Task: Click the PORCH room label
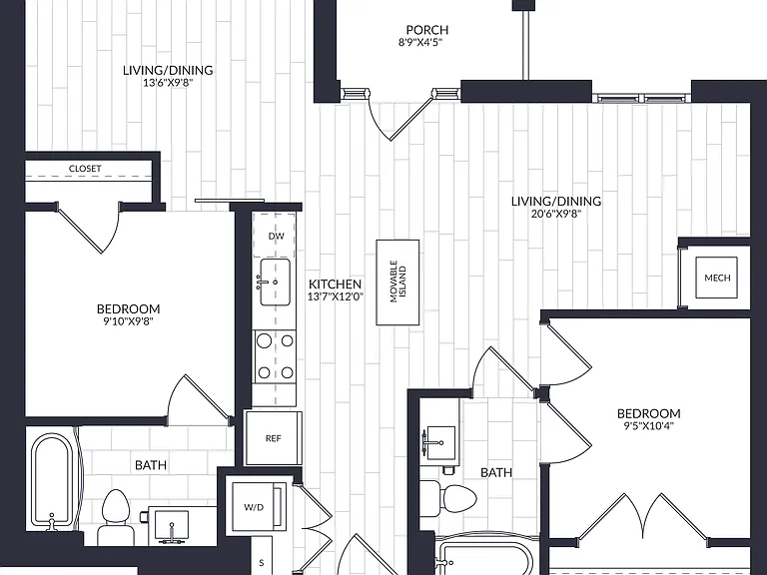click(x=427, y=30)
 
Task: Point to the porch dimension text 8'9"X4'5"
click(x=420, y=42)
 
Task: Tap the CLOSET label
click(x=85, y=168)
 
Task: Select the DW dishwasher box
click(x=274, y=236)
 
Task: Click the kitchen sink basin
click(x=275, y=283)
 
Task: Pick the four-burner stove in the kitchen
click(x=275, y=356)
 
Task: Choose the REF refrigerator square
click(x=273, y=438)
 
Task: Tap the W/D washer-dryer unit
click(x=259, y=506)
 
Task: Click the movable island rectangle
click(x=397, y=283)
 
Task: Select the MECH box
click(x=717, y=278)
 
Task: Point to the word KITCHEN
click(x=336, y=285)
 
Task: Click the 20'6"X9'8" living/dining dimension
click(x=555, y=214)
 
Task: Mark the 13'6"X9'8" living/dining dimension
click(x=168, y=83)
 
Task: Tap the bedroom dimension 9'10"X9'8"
click(x=128, y=321)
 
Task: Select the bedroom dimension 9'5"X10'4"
click(x=648, y=425)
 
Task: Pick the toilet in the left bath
click(x=115, y=513)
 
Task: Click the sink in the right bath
click(x=439, y=442)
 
